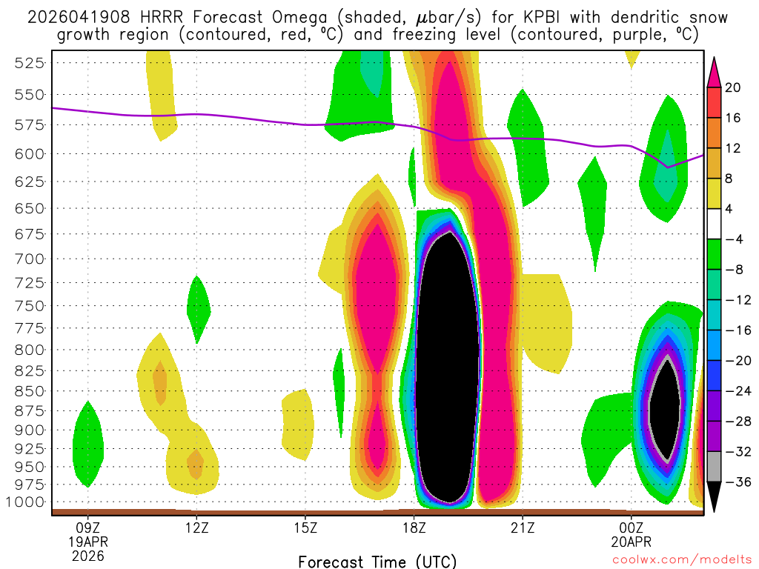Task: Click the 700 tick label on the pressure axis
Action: [29, 259]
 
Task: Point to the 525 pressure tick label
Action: [29, 63]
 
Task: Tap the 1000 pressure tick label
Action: [25, 502]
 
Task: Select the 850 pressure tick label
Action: [29, 390]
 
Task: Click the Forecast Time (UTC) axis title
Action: [377, 562]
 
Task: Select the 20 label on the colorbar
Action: [733, 87]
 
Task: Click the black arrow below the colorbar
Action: [715, 497]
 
